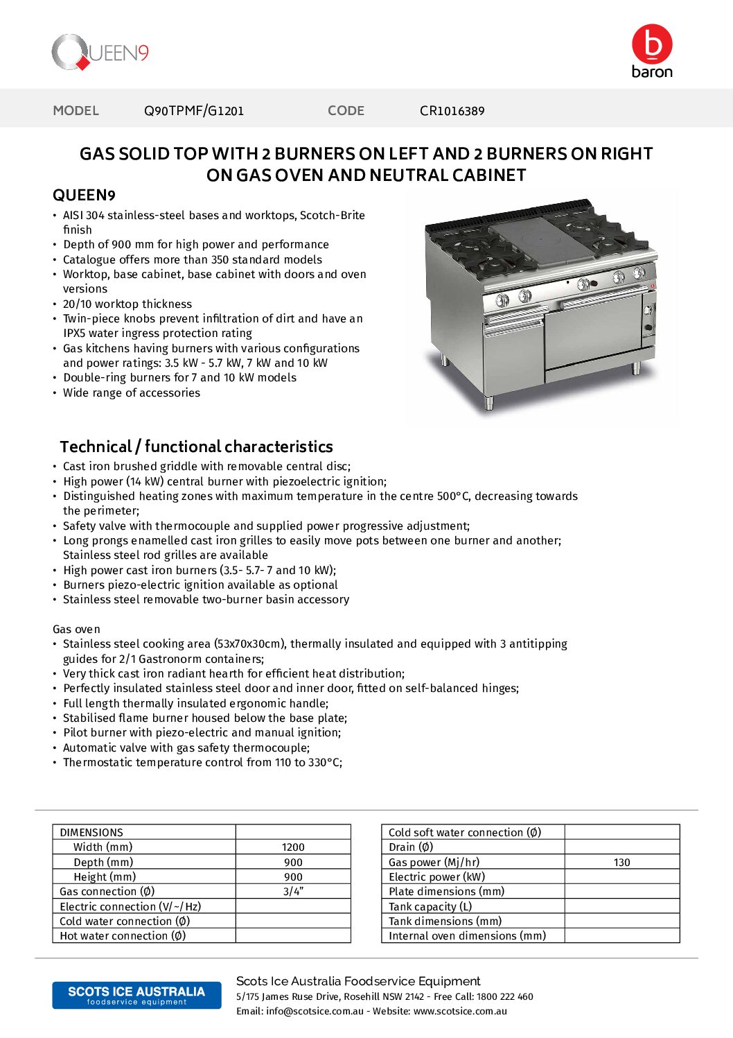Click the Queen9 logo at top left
[x=100, y=53]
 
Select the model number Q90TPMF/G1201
[x=194, y=111]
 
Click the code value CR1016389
[x=452, y=111]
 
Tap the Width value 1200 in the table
[x=293, y=847]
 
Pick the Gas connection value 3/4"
[x=293, y=892]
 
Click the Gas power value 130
[x=621, y=863]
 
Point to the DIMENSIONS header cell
[x=91, y=832]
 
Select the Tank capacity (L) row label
[x=430, y=907]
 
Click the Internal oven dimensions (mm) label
[x=467, y=936]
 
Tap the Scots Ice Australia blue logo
[x=136, y=995]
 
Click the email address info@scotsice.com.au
[x=315, y=1012]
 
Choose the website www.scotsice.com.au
[x=460, y=1012]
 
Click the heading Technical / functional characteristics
[x=196, y=447]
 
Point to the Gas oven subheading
[x=76, y=630]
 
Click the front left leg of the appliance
[x=490, y=403]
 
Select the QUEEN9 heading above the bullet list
[x=84, y=196]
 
